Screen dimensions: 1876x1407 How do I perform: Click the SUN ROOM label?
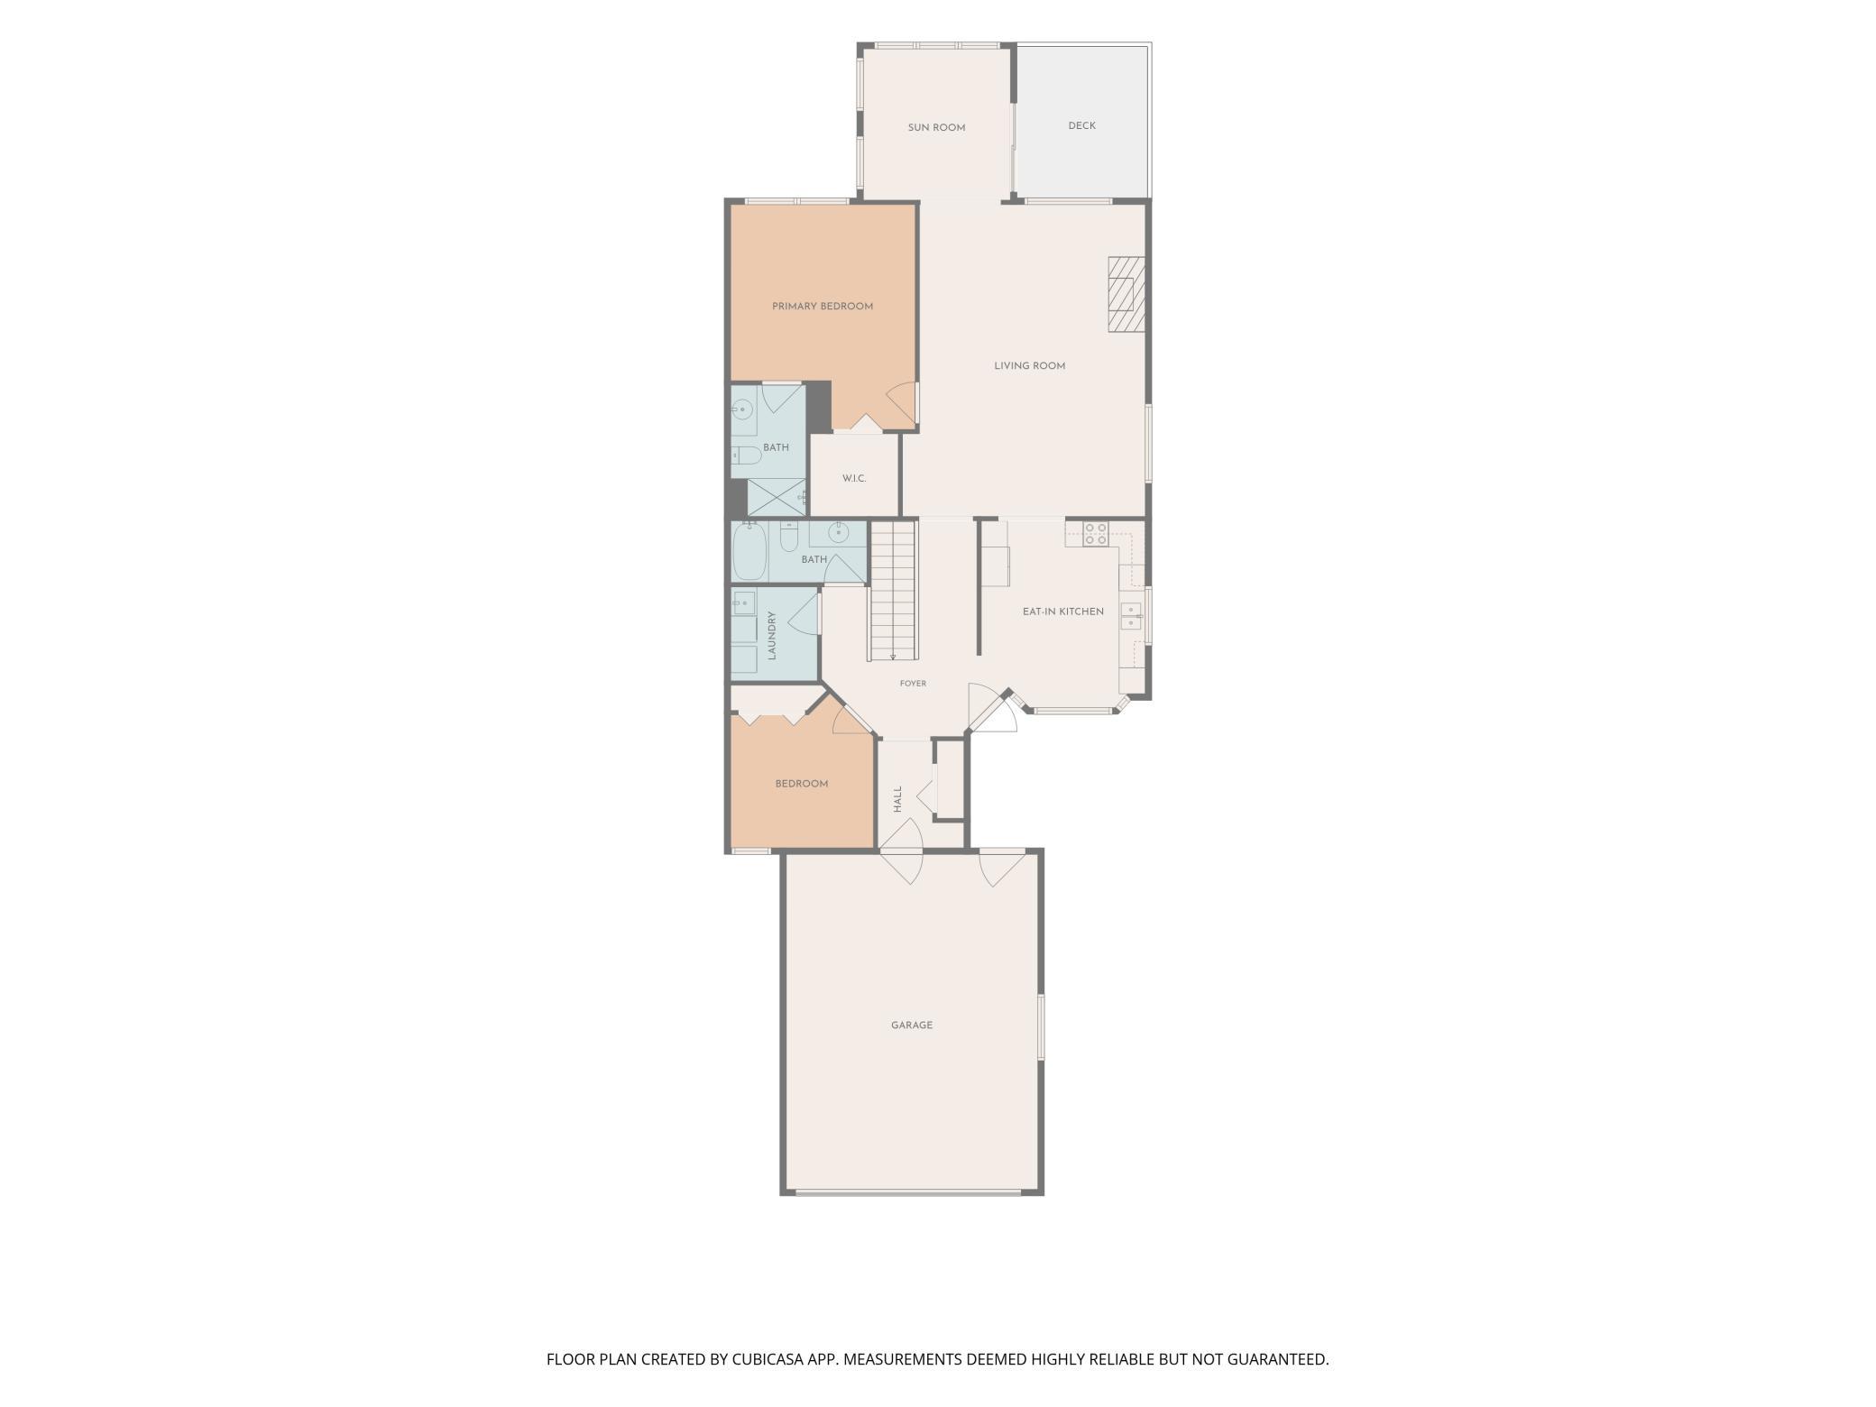[x=936, y=128]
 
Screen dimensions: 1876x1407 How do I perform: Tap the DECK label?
[x=1081, y=126]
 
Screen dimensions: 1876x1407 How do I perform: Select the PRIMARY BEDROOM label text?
[x=823, y=307]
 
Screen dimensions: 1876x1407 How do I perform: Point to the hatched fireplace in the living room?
[x=1127, y=295]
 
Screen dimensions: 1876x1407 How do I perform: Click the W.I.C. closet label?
[x=854, y=479]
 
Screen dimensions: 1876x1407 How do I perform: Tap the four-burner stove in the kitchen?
[x=1095, y=533]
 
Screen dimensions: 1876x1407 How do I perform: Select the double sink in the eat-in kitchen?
[x=1130, y=615]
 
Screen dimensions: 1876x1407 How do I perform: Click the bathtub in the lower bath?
[x=749, y=552]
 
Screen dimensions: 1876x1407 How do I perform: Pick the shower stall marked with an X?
[x=777, y=497]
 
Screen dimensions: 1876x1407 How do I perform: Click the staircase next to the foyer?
[x=893, y=591]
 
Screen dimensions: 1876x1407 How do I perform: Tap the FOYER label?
[x=913, y=684]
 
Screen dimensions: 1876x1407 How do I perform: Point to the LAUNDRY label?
[x=772, y=636]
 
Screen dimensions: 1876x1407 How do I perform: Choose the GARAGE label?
[x=912, y=1025]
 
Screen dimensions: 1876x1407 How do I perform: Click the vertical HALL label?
[x=897, y=799]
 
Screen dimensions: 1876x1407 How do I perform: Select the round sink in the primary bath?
[x=742, y=410]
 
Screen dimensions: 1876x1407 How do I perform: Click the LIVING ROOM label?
[x=1030, y=366]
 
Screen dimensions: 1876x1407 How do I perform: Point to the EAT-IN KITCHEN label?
[x=1063, y=612]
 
